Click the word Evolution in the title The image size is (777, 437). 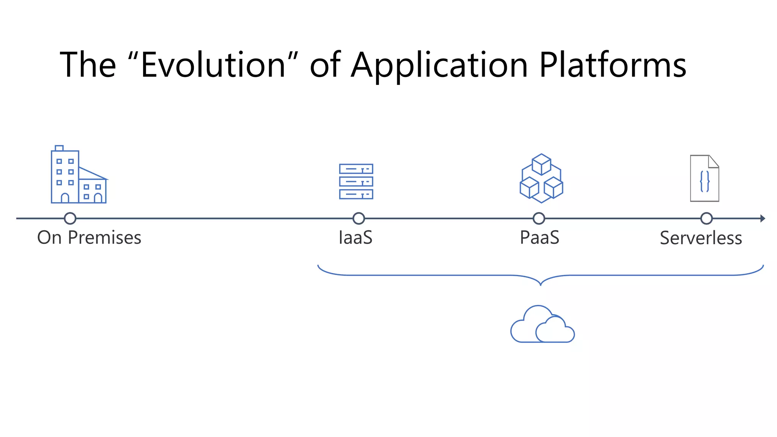pos(213,65)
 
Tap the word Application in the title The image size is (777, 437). pos(439,65)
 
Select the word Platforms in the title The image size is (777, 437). pos(612,65)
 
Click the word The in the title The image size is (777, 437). pos(88,65)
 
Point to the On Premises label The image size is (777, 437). pos(89,238)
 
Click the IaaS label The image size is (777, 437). pos(355,238)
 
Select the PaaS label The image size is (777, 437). pos(539,238)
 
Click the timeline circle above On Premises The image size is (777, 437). pos(70,218)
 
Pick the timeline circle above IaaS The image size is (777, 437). pos(359,218)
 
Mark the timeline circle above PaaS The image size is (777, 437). pos(539,218)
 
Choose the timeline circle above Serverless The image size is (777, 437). pos(706,218)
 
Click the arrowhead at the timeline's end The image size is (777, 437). pos(763,218)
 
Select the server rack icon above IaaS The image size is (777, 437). pos(356,181)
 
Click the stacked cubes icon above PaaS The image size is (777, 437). pos(541,178)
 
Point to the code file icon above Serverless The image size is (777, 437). pos(705,178)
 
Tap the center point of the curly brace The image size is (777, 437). pos(541,283)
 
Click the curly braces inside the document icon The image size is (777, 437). pos(705,181)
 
